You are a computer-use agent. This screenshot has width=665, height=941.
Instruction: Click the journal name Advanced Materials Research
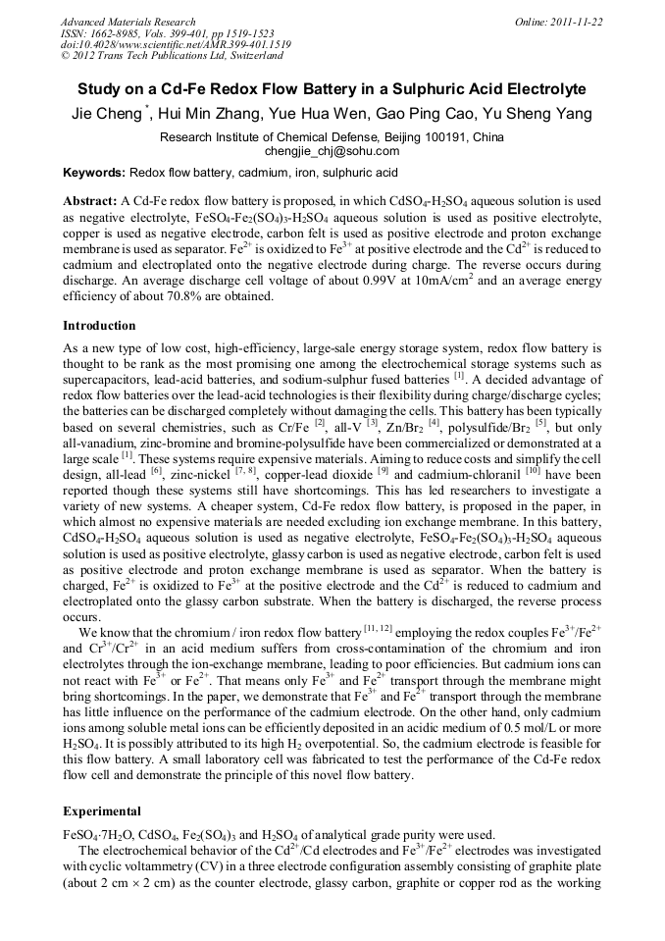pos(128,22)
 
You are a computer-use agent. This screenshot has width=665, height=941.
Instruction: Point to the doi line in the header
pos(176,44)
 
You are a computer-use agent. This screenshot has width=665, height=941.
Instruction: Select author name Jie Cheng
pos(107,114)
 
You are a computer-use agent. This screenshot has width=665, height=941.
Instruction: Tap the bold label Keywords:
pos(94,173)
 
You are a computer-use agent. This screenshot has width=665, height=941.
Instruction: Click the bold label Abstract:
pos(90,200)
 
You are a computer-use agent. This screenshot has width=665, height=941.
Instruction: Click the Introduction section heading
pos(99,325)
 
